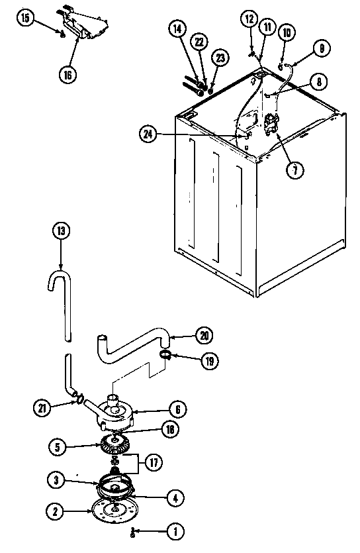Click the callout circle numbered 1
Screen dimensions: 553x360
[175, 530]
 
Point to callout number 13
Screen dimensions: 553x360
[60, 232]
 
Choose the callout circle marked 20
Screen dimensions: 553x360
[206, 335]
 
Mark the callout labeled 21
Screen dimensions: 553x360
[43, 407]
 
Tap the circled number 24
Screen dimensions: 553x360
[149, 134]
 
